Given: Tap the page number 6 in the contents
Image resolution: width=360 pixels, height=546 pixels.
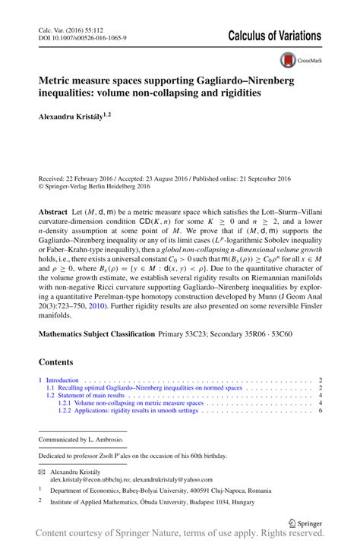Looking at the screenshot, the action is [321, 410].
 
